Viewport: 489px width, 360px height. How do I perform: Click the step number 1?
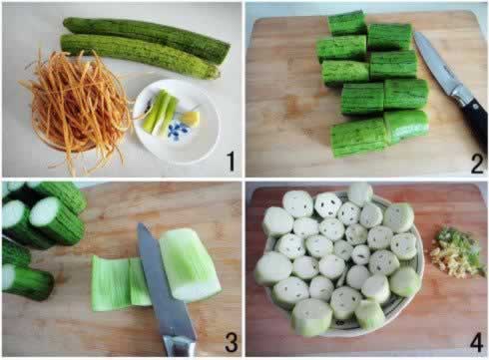coord(231,162)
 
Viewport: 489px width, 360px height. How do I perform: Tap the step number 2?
coord(477,164)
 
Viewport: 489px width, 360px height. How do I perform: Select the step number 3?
coord(232,342)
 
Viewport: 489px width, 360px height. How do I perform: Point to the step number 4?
coord(476,342)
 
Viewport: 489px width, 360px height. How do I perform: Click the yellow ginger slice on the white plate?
coord(191,118)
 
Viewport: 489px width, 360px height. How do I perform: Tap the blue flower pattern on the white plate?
coord(177,130)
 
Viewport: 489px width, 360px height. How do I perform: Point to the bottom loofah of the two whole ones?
coord(140,56)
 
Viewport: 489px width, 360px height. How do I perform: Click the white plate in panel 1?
coord(177,122)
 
